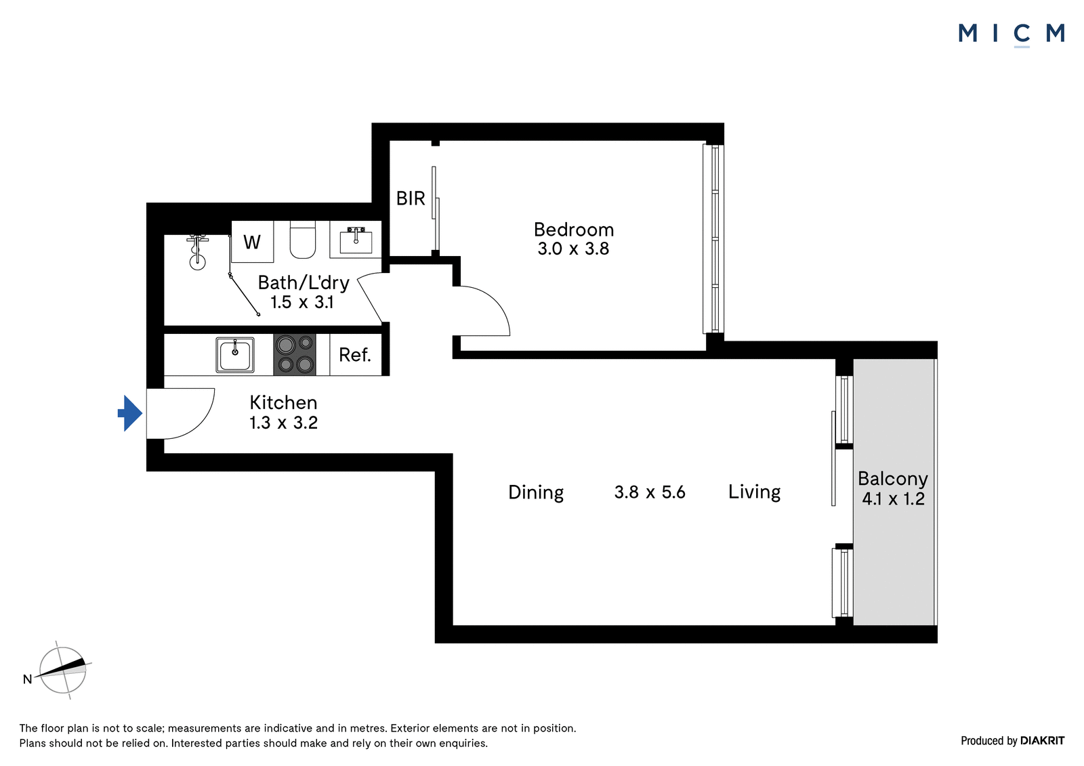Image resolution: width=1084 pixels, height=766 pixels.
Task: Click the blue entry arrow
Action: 130,413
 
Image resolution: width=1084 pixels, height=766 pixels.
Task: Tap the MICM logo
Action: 1011,35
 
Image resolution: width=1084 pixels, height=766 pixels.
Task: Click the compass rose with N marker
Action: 62,671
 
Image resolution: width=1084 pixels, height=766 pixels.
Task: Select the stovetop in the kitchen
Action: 295,355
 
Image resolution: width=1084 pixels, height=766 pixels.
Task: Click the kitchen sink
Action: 234,355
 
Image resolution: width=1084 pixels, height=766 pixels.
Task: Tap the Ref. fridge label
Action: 355,355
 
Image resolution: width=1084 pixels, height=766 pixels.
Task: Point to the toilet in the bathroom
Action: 302,240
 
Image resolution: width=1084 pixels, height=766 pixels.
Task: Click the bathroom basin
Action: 356,240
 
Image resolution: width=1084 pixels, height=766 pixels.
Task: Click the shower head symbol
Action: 197,253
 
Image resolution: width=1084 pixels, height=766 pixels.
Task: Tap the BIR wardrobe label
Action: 411,198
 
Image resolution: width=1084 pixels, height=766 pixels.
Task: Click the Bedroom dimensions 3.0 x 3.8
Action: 573,249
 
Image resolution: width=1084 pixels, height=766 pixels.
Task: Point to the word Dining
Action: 536,492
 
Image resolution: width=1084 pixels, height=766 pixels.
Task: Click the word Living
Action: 755,492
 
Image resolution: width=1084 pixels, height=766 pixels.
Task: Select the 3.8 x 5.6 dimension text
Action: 650,492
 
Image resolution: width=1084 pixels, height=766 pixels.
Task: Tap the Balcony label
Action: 893,479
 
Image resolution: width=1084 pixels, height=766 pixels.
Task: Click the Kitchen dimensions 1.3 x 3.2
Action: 284,423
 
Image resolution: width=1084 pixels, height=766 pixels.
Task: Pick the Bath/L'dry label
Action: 304,282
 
